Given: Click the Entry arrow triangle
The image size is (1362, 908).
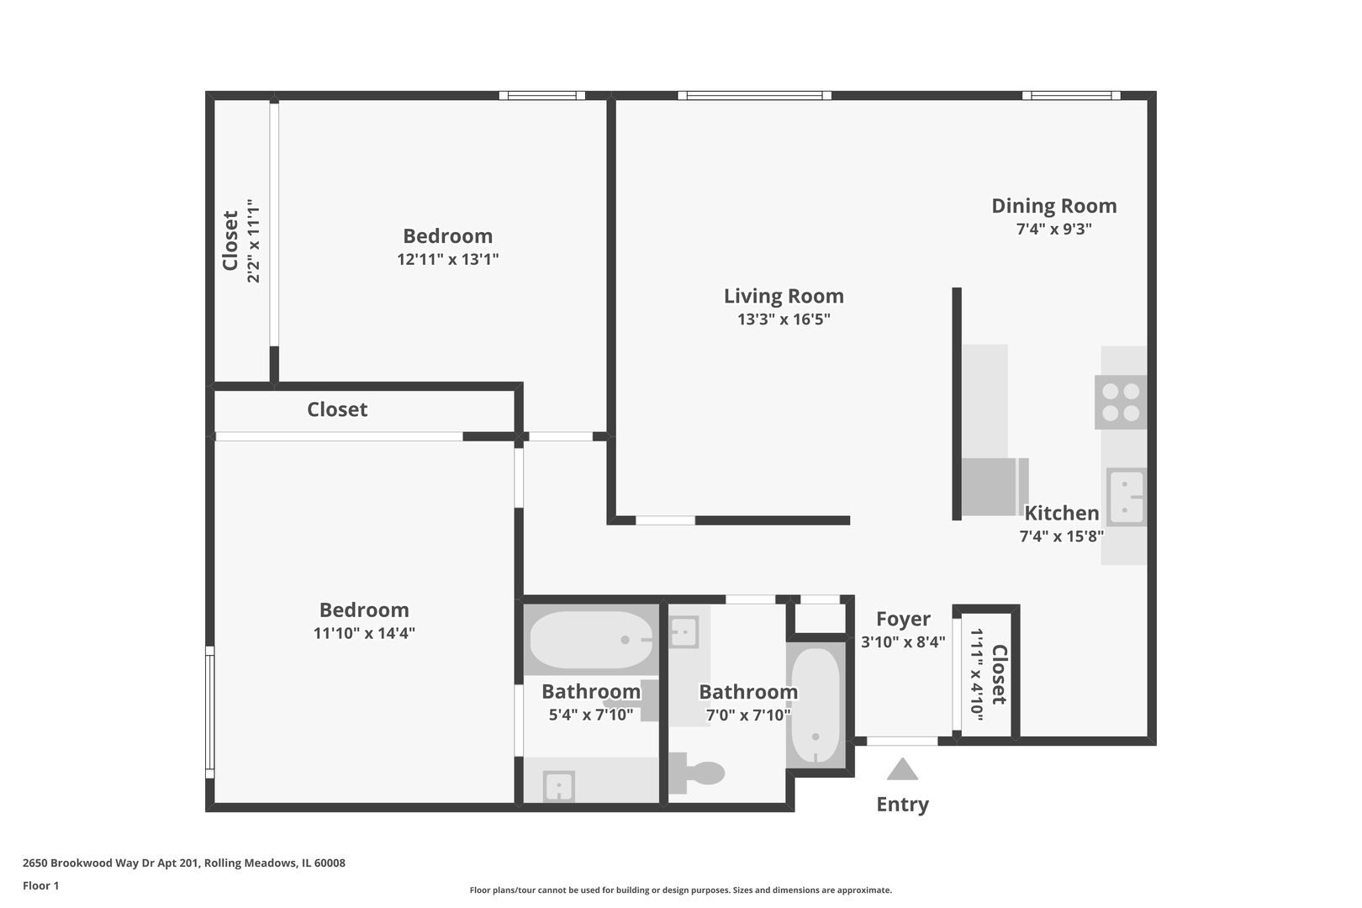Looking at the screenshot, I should (902, 770).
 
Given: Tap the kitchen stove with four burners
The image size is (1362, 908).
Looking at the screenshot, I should (1121, 402).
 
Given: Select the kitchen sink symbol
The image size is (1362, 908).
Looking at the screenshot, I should (1126, 496).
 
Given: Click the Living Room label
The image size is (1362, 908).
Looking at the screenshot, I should (784, 296).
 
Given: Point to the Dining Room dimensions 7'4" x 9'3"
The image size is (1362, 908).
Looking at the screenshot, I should (1053, 229).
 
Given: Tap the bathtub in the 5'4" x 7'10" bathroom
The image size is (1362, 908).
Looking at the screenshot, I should (591, 640).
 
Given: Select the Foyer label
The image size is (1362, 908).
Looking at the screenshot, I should (903, 619).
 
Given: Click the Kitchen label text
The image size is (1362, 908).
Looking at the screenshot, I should (1061, 513).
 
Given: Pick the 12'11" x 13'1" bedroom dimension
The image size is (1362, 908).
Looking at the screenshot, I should (447, 259).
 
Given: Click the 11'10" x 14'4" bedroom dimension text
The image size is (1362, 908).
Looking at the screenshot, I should (364, 633).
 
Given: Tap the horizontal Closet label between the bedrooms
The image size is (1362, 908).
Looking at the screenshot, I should (337, 409).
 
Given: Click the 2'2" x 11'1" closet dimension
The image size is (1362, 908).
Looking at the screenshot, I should (253, 240).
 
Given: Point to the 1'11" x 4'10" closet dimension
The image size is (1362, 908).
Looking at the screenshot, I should (977, 672).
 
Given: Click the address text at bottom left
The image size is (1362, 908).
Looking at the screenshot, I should (183, 863).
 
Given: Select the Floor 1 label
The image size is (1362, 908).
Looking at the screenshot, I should (40, 885).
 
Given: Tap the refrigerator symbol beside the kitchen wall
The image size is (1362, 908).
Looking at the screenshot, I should (991, 487).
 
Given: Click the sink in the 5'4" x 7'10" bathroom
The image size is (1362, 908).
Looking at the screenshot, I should (558, 787).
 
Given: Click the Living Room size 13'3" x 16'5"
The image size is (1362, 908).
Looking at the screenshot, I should (784, 319).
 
